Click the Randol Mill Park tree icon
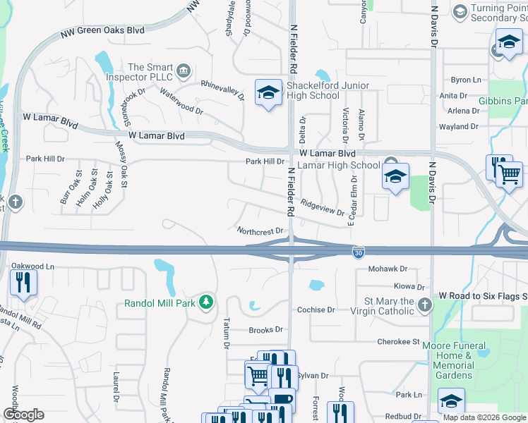click(x=206, y=302)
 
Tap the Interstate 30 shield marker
click(x=359, y=251)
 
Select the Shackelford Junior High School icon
click(x=268, y=93)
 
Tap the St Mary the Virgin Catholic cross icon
click(x=424, y=305)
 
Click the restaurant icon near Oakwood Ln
click(x=23, y=283)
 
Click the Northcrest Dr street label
click(x=260, y=231)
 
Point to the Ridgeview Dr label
click(x=322, y=207)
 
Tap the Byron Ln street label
click(x=465, y=80)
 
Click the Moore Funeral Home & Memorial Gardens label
click(x=453, y=360)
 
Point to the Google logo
click(x=23, y=415)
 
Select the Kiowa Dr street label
click(x=409, y=287)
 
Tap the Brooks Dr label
click(x=265, y=330)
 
